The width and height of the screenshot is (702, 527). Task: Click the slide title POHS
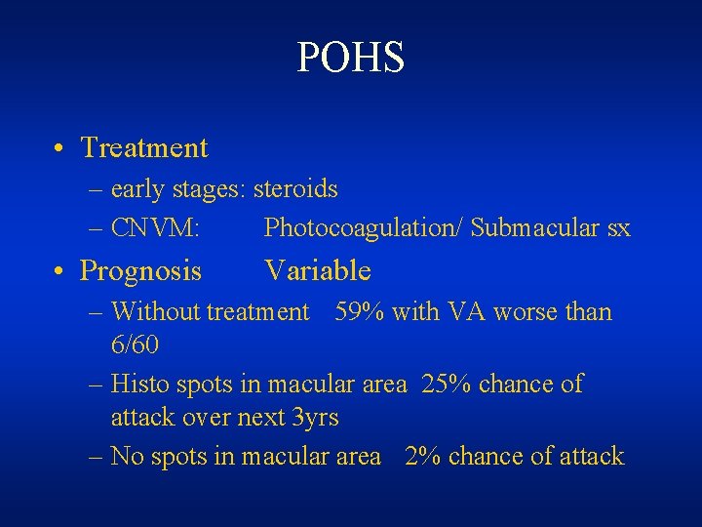[350, 59]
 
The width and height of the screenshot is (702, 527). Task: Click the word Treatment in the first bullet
[144, 147]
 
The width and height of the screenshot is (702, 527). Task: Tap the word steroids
[295, 187]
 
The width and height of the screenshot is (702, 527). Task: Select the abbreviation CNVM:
[156, 228]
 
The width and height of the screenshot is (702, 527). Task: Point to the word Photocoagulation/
[364, 228]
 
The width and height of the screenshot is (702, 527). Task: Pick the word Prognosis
[140, 269]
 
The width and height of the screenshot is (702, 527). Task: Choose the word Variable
[318, 269]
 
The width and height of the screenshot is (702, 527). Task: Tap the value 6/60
[136, 345]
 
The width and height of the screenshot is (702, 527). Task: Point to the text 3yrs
[316, 417]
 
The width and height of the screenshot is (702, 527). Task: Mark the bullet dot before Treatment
[60, 149]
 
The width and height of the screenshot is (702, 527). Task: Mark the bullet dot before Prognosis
[60, 271]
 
